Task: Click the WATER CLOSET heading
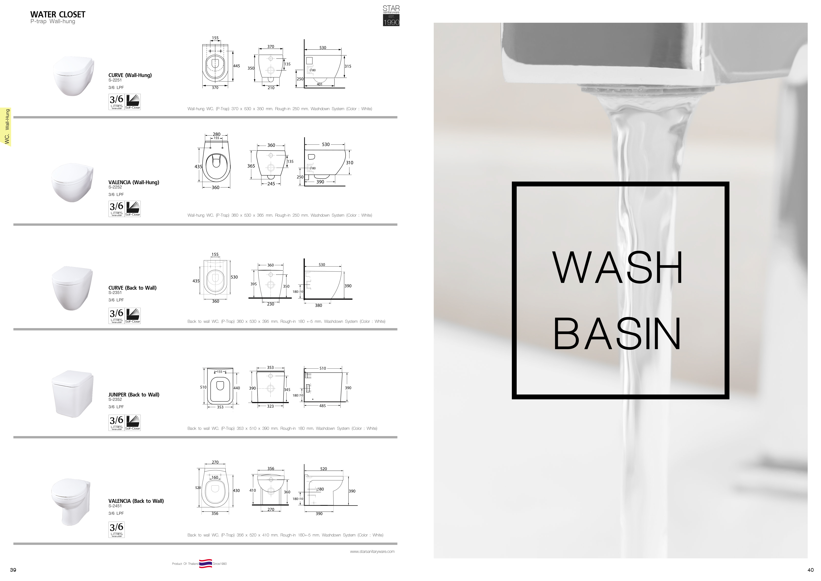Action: pyautogui.click(x=58, y=15)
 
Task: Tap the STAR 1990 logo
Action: pyautogui.click(x=391, y=15)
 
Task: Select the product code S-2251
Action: pyautogui.click(x=115, y=80)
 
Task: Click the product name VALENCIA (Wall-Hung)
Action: pyautogui.click(x=134, y=183)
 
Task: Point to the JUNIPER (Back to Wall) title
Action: pyautogui.click(x=134, y=395)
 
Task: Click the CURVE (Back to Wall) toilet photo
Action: pyautogui.click(x=73, y=288)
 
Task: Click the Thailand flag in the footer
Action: pyautogui.click(x=206, y=563)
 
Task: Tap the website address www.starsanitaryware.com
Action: pyautogui.click(x=372, y=552)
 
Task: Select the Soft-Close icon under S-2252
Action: pyautogui.click(x=133, y=209)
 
